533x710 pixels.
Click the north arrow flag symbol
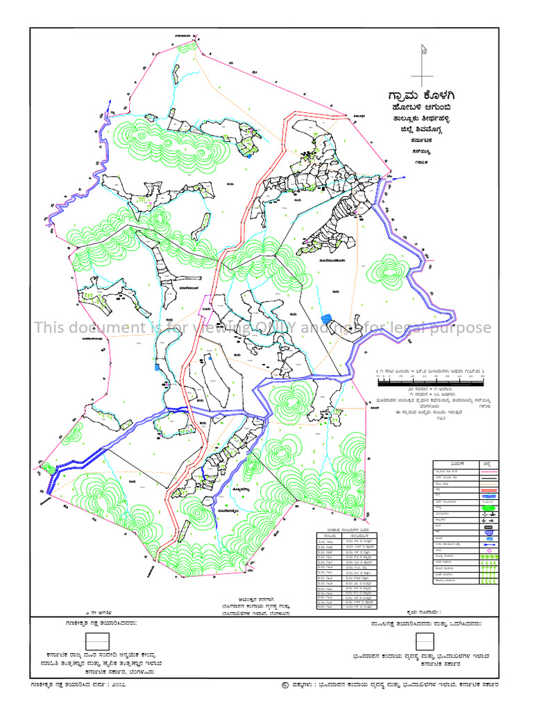coord(423,50)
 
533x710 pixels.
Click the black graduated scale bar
coord(430,382)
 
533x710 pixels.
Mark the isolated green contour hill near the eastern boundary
coord(387,269)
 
